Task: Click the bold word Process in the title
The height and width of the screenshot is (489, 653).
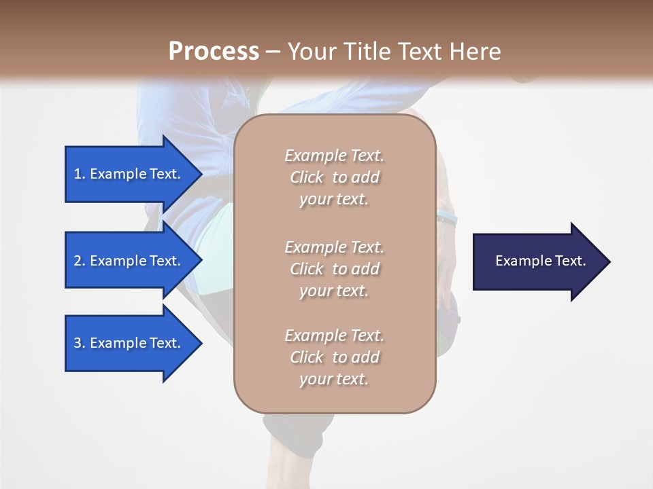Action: coord(214,52)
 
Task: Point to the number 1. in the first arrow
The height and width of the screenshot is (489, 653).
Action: coord(80,174)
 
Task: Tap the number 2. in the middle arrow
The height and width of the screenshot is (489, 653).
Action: coord(80,261)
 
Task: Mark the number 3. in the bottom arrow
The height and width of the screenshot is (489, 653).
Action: coord(80,343)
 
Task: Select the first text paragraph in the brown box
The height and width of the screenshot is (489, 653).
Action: coord(334,177)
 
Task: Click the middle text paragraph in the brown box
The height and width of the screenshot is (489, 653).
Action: coord(334,269)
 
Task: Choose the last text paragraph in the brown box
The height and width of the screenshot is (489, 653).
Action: coord(334,357)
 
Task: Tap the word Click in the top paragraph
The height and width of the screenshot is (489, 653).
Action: coord(307,177)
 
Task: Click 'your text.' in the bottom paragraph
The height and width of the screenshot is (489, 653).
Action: coord(334,379)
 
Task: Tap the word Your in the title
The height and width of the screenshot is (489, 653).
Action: coord(309,52)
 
